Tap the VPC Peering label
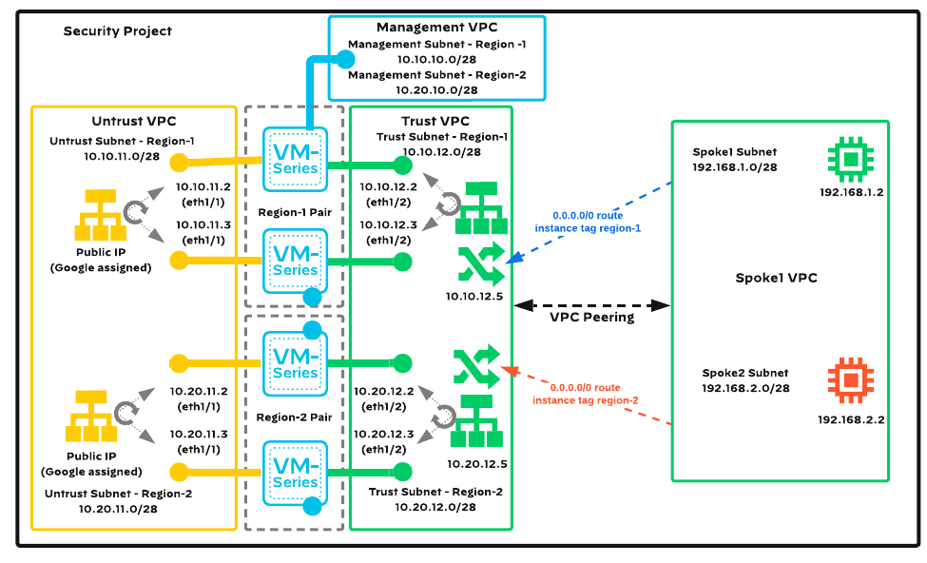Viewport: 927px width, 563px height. (591, 317)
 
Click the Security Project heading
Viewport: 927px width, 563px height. (118, 31)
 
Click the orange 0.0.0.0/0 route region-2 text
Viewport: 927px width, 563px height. (586, 394)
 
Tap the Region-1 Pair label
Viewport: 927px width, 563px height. (295, 212)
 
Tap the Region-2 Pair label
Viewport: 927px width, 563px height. (294, 417)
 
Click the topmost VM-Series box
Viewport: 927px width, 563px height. (296, 159)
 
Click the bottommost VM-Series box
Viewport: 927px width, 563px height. (296, 472)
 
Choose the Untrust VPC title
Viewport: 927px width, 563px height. (133, 122)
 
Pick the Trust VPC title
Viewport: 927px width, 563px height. (435, 122)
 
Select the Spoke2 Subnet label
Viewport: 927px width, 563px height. (745, 373)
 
